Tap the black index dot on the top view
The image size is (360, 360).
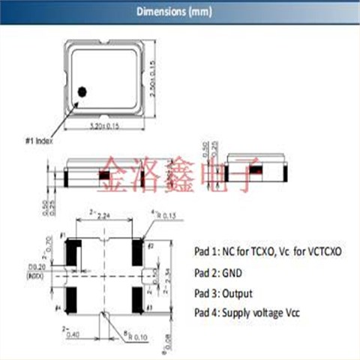(84, 91)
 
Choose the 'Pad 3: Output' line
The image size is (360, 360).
(223, 292)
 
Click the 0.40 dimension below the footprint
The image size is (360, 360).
(72, 334)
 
